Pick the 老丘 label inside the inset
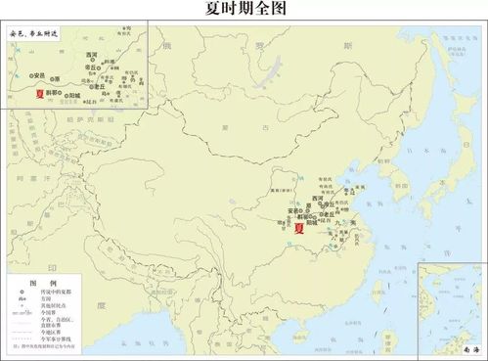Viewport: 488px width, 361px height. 99,86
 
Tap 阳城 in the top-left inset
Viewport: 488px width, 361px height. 73,96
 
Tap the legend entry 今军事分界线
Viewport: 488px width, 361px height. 55,338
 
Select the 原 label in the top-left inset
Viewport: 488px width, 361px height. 57,79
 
